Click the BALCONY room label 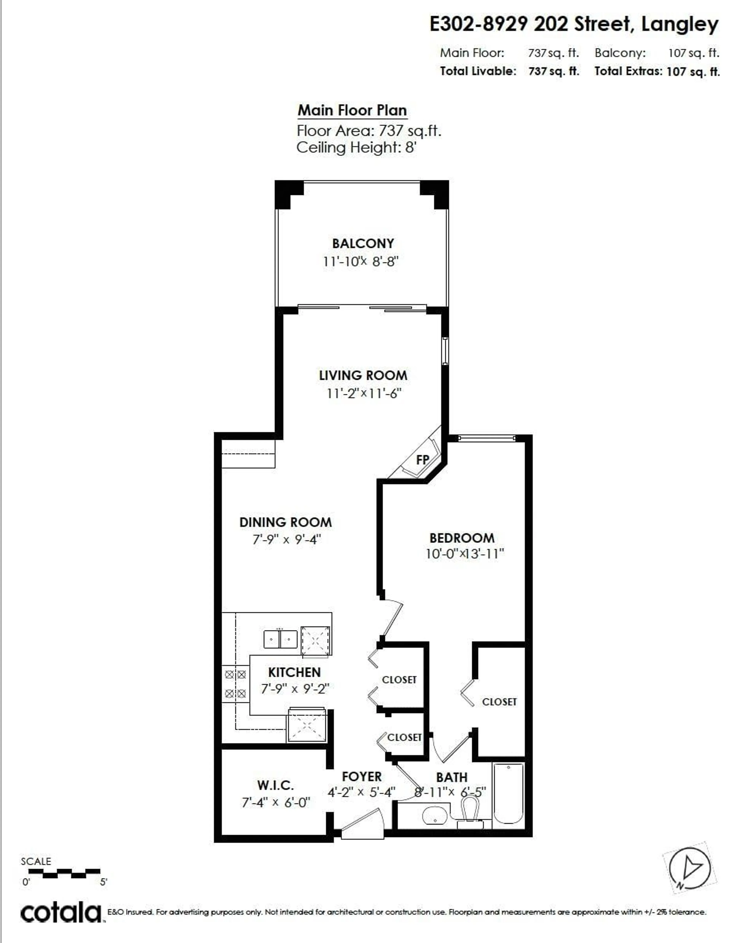[x=363, y=244]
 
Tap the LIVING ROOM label [x=363, y=376]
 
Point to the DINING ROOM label [x=286, y=523]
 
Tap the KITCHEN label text [x=294, y=672]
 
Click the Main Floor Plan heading [x=352, y=110]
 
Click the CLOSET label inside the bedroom [x=499, y=702]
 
